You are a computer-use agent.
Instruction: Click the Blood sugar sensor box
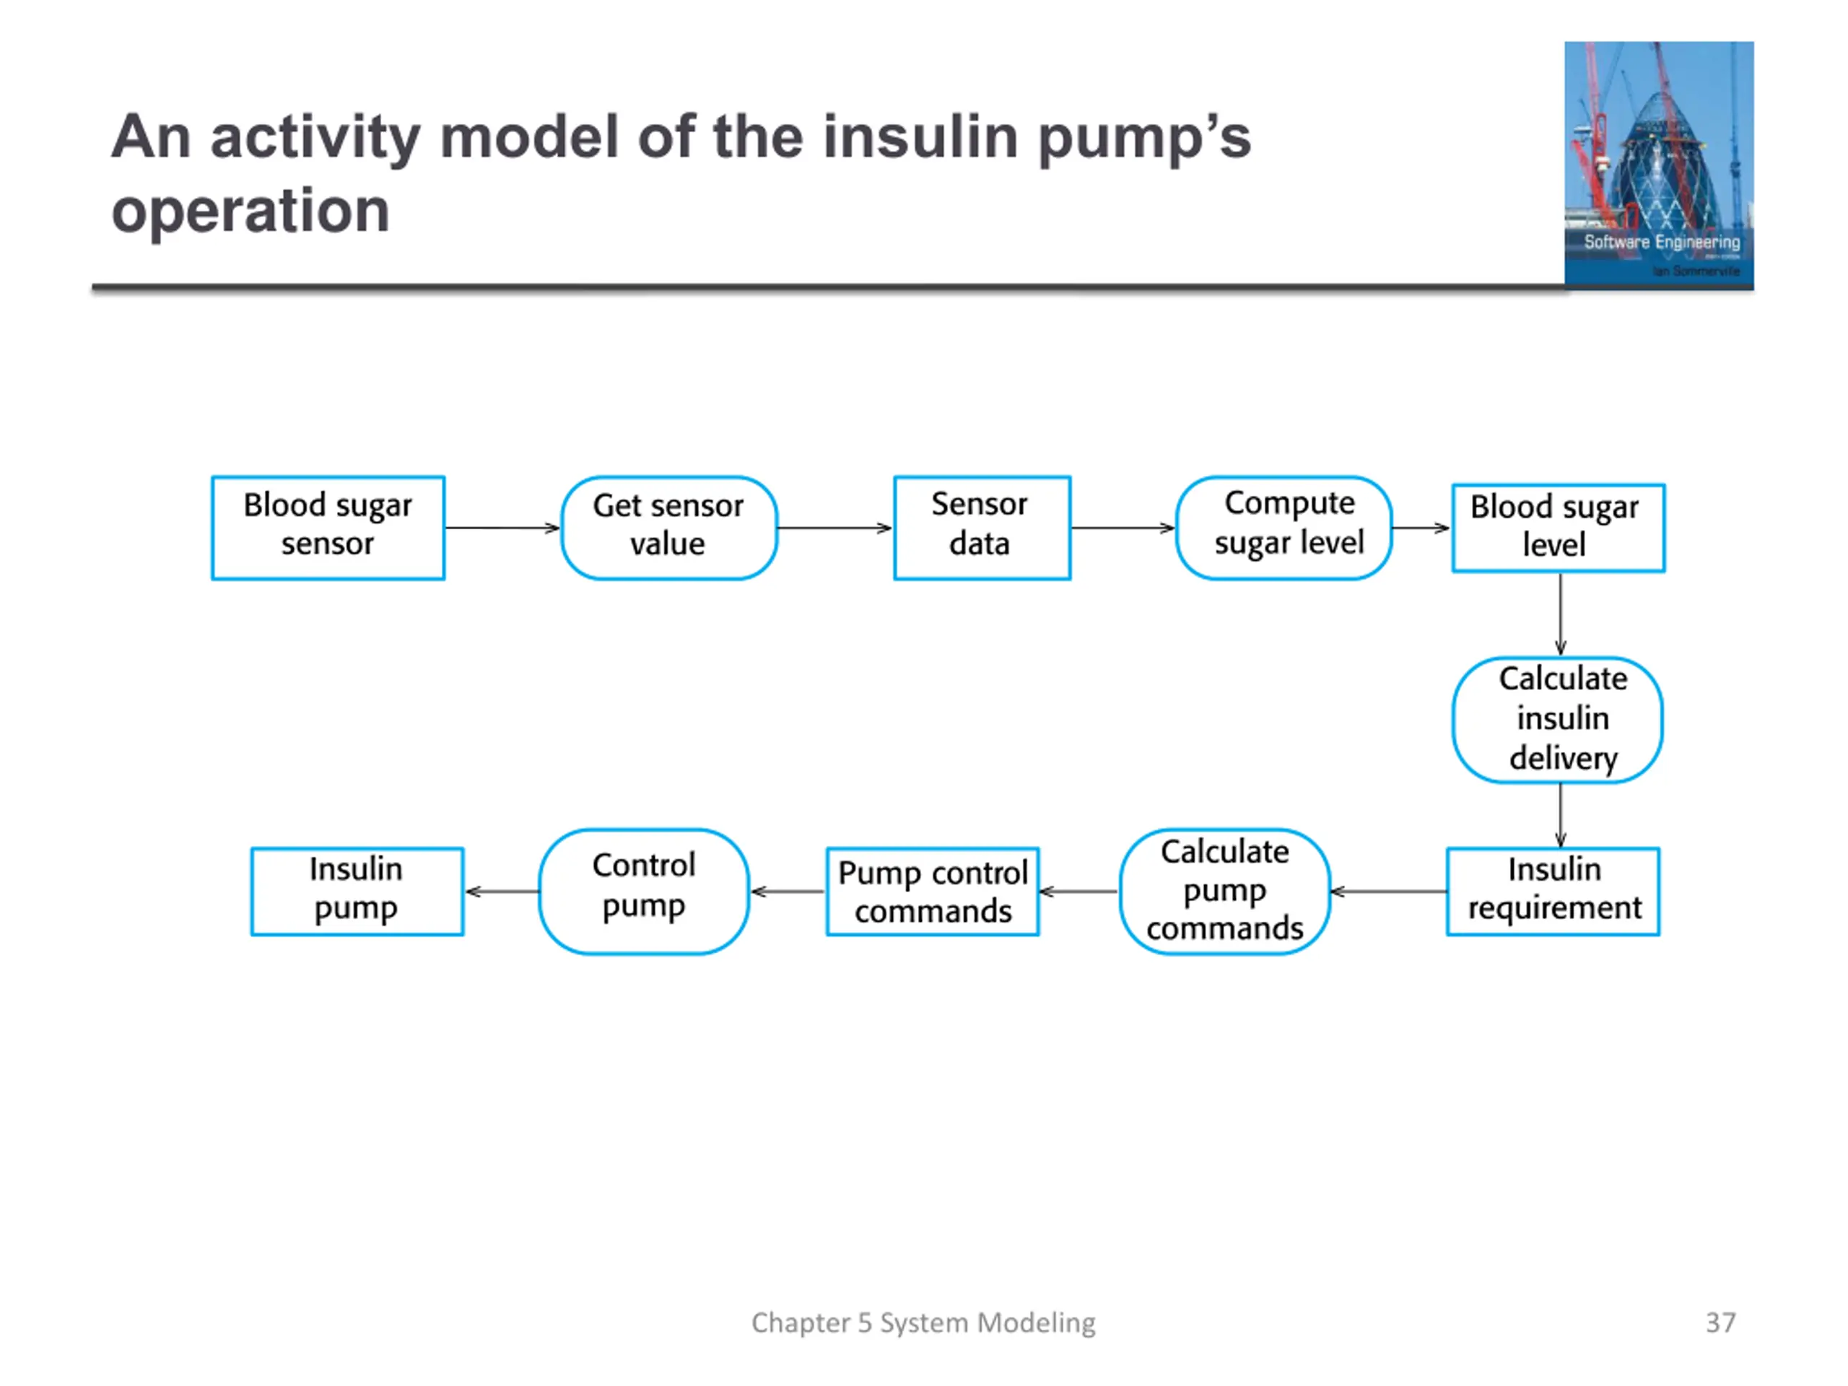click(x=328, y=528)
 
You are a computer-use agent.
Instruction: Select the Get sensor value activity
click(x=669, y=528)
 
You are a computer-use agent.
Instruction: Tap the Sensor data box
click(x=982, y=528)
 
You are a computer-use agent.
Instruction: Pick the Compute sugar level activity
click(x=1284, y=528)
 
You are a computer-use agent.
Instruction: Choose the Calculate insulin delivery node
click(x=1558, y=720)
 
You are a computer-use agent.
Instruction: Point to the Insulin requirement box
click(x=1553, y=892)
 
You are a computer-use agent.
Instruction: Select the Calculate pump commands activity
click(x=1225, y=892)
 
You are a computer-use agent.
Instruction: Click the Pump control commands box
click(x=933, y=892)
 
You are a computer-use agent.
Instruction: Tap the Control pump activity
click(x=644, y=892)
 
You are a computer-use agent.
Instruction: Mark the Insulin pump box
click(x=357, y=892)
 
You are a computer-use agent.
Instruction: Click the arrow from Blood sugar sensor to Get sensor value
click(x=502, y=528)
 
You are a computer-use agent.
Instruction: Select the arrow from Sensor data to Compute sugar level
click(x=1123, y=528)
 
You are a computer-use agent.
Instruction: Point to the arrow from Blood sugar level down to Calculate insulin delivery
click(x=1560, y=615)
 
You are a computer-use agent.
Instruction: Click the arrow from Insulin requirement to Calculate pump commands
click(x=1388, y=892)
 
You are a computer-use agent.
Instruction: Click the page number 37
click(x=1720, y=1322)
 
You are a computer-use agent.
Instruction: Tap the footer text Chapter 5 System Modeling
click(x=923, y=1322)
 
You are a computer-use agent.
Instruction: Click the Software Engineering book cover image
click(x=1659, y=165)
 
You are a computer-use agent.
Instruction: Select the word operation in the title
click(x=250, y=211)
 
